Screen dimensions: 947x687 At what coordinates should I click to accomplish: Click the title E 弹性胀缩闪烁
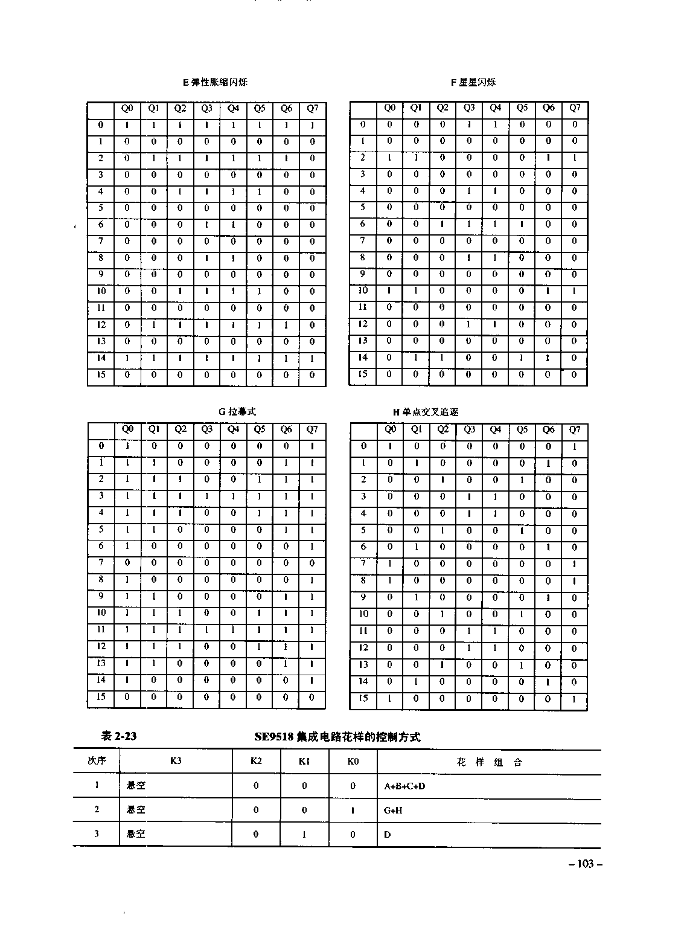tap(215, 82)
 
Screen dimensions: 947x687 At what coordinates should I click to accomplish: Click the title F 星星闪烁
tap(473, 82)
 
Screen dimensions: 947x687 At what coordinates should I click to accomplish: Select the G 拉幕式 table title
tap(237, 411)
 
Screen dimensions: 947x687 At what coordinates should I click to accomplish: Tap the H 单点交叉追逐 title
tap(426, 412)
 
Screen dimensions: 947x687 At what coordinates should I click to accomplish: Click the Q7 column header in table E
tap(312, 109)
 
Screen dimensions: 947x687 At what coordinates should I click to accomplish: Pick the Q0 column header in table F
tap(390, 108)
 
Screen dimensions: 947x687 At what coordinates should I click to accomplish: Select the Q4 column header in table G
tap(233, 429)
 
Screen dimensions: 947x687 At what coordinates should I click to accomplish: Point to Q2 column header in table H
tap(443, 429)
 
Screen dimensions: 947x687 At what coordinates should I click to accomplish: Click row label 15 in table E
tap(101, 374)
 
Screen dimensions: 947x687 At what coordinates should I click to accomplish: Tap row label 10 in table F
tap(363, 291)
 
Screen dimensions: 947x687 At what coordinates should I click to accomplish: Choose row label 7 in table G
tap(101, 563)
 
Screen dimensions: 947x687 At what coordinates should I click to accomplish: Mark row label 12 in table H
tap(363, 647)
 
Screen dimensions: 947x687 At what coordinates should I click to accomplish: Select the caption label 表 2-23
tap(118, 736)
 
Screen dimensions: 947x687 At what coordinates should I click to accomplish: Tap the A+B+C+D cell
tap(404, 786)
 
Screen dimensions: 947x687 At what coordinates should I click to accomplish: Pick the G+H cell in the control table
tap(393, 811)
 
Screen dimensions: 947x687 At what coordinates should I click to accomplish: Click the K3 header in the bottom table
tap(176, 761)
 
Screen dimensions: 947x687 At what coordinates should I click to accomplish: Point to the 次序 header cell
tap(97, 761)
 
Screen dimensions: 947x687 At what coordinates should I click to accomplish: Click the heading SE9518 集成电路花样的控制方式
tap(337, 737)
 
